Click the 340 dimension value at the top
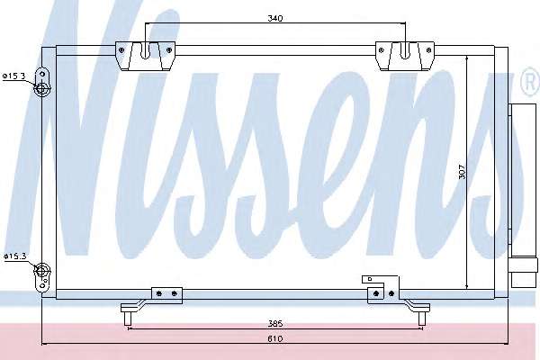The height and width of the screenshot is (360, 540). pos(274,18)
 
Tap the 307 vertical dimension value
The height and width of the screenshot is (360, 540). pos(463,172)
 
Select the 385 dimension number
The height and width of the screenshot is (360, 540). pos(275,323)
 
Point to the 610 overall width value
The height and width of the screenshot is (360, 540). pos(275,338)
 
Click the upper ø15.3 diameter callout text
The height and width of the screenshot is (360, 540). pos(14,76)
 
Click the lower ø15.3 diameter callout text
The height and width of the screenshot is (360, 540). pos(14,256)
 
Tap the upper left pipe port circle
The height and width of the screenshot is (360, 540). pos(41,88)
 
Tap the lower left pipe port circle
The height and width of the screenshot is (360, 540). pos(42,270)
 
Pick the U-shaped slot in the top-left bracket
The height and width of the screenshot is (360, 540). pos(145,50)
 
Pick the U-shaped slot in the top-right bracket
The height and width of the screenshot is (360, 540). pos(406,50)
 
